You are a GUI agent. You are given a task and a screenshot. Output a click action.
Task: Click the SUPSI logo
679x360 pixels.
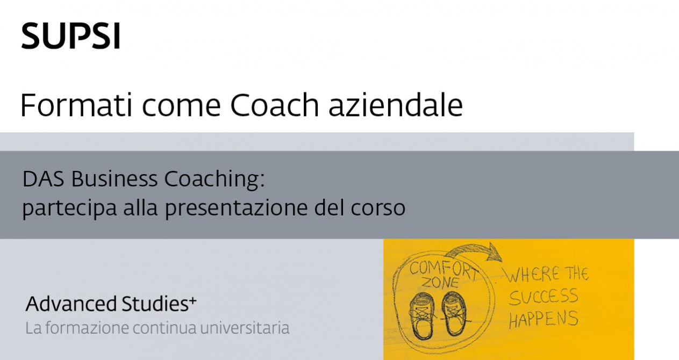[x=71, y=35]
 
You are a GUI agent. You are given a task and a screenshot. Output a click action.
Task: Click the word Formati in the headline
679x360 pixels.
[x=76, y=105]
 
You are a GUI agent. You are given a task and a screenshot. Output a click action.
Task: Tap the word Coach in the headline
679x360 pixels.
[x=275, y=105]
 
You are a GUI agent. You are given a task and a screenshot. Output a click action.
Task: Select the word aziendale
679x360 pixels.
[x=396, y=105]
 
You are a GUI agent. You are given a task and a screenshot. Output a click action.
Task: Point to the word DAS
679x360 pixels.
[x=44, y=179]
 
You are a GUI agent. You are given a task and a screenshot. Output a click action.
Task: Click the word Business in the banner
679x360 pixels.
[x=115, y=179]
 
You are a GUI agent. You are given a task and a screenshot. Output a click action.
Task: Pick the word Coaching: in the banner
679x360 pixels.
[x=215, y=180]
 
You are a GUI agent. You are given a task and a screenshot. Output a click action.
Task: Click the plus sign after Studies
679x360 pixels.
[x=193, y=300]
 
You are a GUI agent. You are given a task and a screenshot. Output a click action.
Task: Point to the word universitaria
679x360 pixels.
[x=245, y=328]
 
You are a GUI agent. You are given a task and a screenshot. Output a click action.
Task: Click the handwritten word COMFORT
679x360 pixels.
[x=443, y=270]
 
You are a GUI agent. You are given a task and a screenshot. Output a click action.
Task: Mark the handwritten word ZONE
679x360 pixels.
[x=440, y=283]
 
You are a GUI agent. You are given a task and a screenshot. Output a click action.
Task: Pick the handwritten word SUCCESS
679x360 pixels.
[x=543, y=297]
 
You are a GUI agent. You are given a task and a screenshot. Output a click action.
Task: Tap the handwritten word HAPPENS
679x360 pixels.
[x=543, y=319]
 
